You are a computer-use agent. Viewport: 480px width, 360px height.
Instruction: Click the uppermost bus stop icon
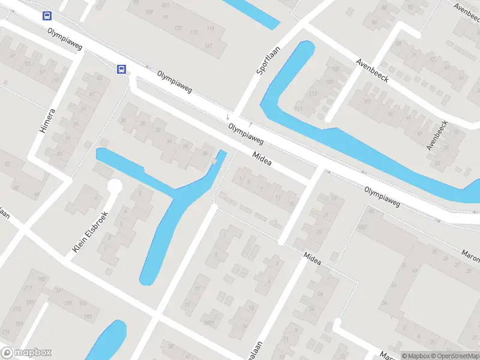[47, 16]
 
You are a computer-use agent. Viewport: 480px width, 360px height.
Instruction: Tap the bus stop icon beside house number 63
[122, 70]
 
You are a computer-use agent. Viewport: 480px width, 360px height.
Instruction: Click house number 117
[298, 108]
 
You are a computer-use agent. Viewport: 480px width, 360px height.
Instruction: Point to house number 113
[313, 94]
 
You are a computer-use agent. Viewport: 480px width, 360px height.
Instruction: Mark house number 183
[88, 316]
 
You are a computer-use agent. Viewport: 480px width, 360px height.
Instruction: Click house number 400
[362, 227]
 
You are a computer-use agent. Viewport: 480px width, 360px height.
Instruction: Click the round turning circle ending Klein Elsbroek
[114, 187]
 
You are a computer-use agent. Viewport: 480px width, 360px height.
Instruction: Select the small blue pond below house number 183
[108, 342]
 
